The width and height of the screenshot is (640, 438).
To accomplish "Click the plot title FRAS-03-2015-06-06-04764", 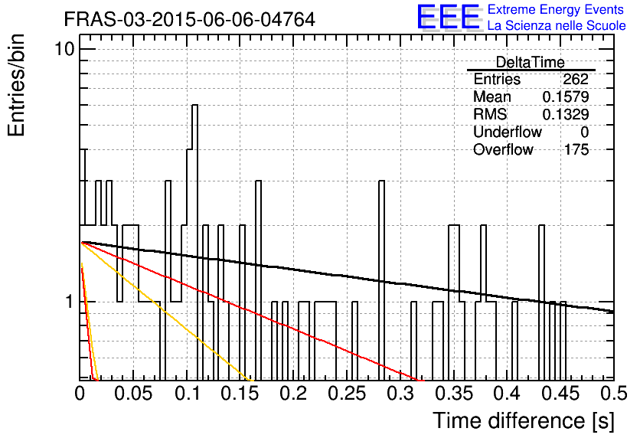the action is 189,19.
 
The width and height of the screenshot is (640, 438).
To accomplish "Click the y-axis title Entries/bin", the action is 17,85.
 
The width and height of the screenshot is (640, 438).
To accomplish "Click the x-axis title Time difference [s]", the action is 524,421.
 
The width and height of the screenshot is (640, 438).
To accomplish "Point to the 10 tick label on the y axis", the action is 64,50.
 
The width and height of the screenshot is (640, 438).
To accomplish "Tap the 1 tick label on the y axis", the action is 70,302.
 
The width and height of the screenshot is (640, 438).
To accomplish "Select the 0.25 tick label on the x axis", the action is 347,394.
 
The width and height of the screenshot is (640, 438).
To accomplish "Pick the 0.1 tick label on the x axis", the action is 188,394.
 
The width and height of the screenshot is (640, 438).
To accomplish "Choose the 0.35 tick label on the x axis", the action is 454,394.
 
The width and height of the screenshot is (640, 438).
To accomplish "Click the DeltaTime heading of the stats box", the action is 531,62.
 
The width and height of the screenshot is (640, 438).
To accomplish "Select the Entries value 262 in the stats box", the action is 576,79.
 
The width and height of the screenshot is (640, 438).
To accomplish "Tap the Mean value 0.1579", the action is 566,96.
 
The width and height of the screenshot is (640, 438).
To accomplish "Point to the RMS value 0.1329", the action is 566,115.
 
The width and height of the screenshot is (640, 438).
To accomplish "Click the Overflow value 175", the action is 576,150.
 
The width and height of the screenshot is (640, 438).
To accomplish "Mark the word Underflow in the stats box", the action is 508,132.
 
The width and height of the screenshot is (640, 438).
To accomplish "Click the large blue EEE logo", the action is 449,17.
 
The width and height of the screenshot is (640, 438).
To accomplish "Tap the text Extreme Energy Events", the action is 556,9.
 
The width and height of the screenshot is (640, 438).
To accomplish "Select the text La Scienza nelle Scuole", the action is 557,25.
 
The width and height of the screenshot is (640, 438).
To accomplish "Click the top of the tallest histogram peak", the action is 195,106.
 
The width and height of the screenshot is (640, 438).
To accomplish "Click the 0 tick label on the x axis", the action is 80,394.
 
